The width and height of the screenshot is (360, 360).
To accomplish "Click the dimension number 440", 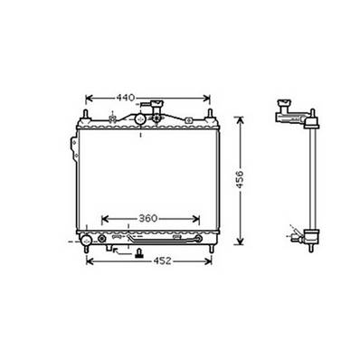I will [126, 97].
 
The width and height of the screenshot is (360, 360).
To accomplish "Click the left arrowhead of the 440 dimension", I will [89, 97].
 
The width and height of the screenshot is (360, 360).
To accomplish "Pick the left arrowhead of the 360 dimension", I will [102, 219].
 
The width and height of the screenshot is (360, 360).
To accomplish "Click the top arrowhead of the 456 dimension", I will [240, 118].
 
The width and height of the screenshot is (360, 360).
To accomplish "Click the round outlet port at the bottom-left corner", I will [85, 240].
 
